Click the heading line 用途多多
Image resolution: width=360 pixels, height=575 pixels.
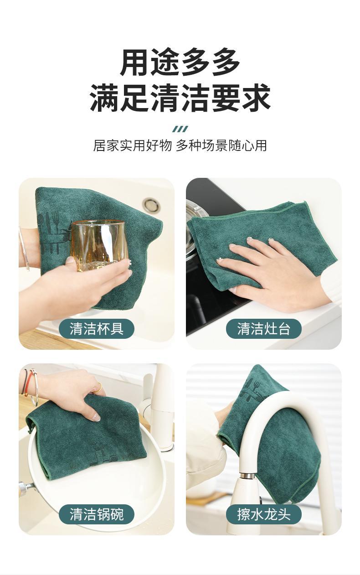(180, 62)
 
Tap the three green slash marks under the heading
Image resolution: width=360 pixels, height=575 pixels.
(180, 129)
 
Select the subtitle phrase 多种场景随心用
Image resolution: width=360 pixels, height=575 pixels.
(221, 145)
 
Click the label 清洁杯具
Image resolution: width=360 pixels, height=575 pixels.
(97, 329)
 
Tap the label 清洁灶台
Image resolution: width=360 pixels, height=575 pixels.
(264, 329)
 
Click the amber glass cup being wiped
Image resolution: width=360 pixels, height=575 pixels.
(99, 246)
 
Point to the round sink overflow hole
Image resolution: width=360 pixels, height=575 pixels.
(152, 205)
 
